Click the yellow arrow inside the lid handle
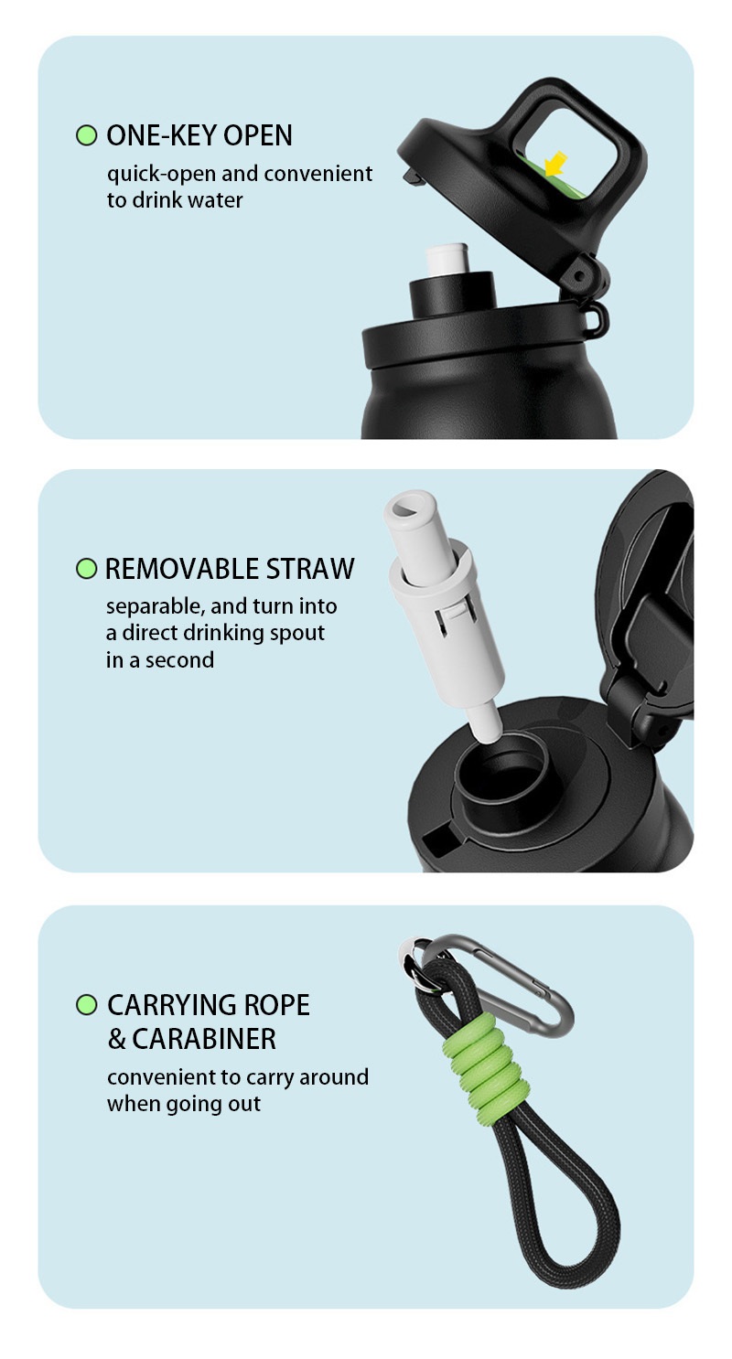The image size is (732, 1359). click(x=554, y=164)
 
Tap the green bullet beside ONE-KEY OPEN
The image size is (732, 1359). click(x=87, y=134)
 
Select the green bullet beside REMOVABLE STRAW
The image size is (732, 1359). click(x=87, y=569)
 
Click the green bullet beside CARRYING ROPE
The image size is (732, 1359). click(x=87, y=1005)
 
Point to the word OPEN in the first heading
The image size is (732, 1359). click(x=258, y=135)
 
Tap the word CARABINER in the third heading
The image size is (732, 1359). click(x=204, y=1039)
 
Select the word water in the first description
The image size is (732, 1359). click(x=215, y=200)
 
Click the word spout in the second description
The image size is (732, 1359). click(x=297, y=634)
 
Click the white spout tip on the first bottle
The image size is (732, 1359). click(x=447, y=260)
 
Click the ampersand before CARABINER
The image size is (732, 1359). click(x=116, y=1039)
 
